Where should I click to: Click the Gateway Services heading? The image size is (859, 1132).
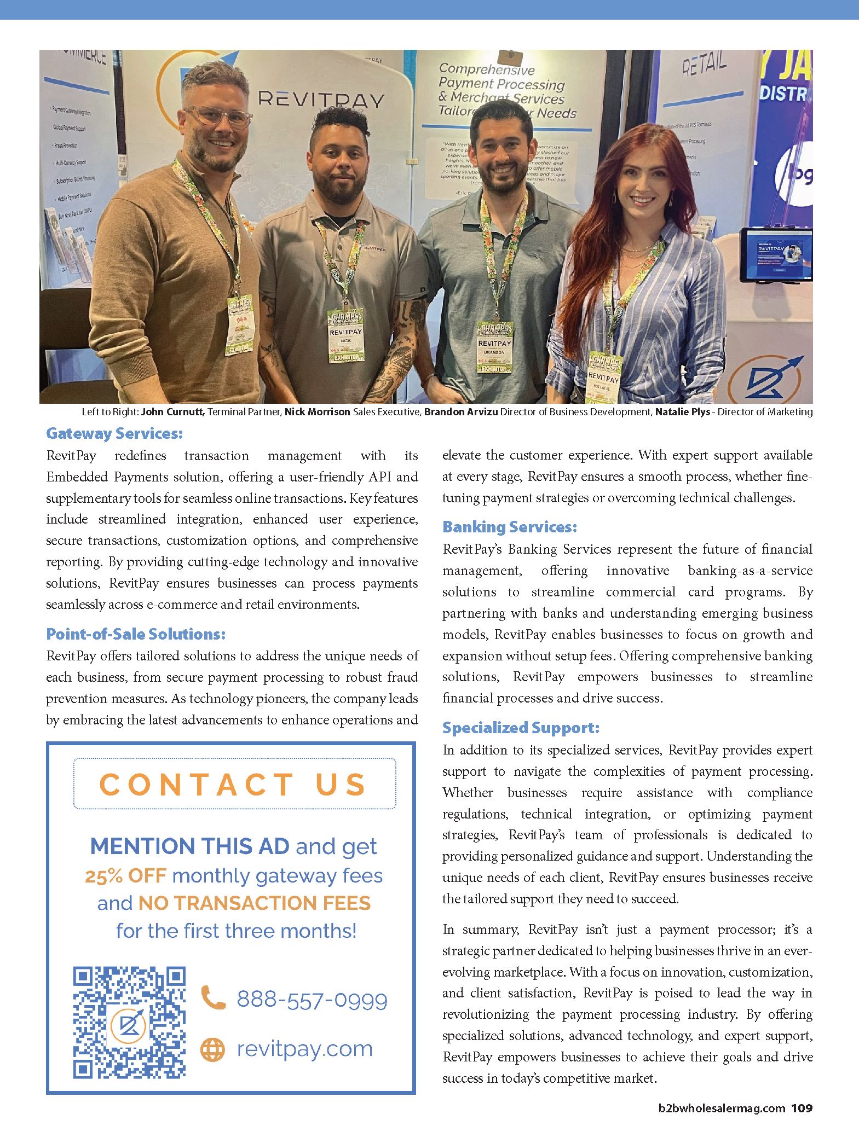point(114,434)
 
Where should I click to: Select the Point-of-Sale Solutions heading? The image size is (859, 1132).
point(136,634)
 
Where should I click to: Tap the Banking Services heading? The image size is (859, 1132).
point(510,527)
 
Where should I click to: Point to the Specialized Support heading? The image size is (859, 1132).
point(521,728)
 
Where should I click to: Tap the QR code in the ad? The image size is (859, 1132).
point(130,1023)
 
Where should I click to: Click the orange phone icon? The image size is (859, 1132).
point(212,997)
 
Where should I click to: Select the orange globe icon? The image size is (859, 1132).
point(212,1049)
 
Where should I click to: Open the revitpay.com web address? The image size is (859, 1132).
point(304,1049)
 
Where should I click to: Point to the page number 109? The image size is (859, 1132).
point(802,1108)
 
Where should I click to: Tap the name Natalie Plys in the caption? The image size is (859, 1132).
point(682,412)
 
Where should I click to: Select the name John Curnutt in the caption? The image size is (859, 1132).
point(172,412)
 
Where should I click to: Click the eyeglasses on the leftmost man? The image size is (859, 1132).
point(218,117)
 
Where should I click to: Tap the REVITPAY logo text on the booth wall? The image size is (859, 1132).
point(321,100)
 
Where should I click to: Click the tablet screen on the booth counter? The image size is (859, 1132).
point(775,255)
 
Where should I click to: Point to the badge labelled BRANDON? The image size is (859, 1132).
point(494,347)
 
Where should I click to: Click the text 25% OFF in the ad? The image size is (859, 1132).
point(125,876)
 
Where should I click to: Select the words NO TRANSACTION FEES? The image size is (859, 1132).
point(254,903)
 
